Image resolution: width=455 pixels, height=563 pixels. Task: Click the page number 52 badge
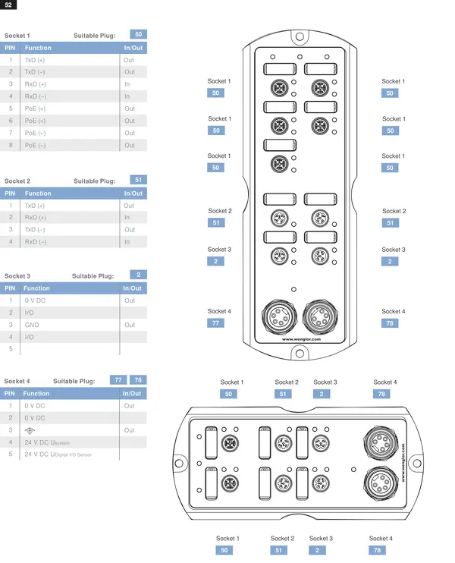[8, 5]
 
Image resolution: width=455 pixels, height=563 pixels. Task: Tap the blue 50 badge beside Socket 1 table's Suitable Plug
[139, 34]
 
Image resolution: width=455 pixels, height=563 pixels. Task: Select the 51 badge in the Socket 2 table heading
[139, 180]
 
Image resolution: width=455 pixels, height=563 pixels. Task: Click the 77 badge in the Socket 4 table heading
[118, 380]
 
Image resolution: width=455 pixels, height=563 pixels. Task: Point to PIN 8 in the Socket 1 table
[11, 145]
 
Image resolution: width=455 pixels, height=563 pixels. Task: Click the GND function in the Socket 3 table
[32, 325]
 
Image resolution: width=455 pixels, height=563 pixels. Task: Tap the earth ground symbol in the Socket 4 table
[30, 430]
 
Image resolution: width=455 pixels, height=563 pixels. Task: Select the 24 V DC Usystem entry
[47, 442]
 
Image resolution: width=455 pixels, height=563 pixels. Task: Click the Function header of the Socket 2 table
[38, 193]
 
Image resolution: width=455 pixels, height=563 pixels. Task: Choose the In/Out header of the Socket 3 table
[132, 288]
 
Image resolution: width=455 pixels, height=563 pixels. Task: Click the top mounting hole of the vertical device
[300, 36]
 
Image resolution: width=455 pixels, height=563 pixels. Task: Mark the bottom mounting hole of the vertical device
[300, 354]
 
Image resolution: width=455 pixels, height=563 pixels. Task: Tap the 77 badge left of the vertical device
[215, 323]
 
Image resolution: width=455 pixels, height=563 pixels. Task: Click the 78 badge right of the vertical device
[390, 323]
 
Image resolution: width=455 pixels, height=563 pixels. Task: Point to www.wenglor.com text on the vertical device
[301, 339]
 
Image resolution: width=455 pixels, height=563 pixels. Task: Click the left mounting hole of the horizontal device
[179, 463]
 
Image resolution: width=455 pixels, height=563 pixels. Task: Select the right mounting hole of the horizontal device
[417, 463]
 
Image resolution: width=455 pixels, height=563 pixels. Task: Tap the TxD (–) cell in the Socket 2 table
[35, 229]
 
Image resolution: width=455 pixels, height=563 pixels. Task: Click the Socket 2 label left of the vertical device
[220, 211]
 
